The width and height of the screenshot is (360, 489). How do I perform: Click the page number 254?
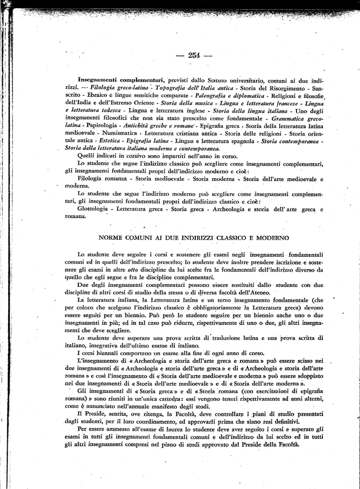tap(194, 55)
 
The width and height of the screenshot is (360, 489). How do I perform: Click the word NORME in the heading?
tap(111, 237)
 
